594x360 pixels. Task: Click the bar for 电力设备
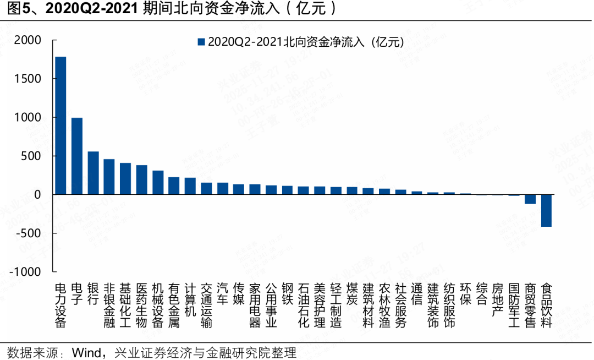tap(61, 126)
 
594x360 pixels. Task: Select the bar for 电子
tap(77, 156)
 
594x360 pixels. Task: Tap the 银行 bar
tap(93, 173)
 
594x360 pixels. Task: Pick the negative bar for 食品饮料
tap(546, 210)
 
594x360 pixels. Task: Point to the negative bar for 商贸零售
tap(530, 199)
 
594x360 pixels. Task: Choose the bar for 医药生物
tap(141, 179)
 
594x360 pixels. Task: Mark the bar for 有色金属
tap(174, 186)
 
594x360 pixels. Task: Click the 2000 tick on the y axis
tap(28, 40)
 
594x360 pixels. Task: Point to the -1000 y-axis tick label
tap(25, 272)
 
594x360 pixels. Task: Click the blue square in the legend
tap(201, 42)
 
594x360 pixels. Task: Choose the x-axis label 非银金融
tap(109, 306)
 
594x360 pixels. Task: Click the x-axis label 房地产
tap(498, 299)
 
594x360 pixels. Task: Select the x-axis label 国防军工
tap(514, 306)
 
